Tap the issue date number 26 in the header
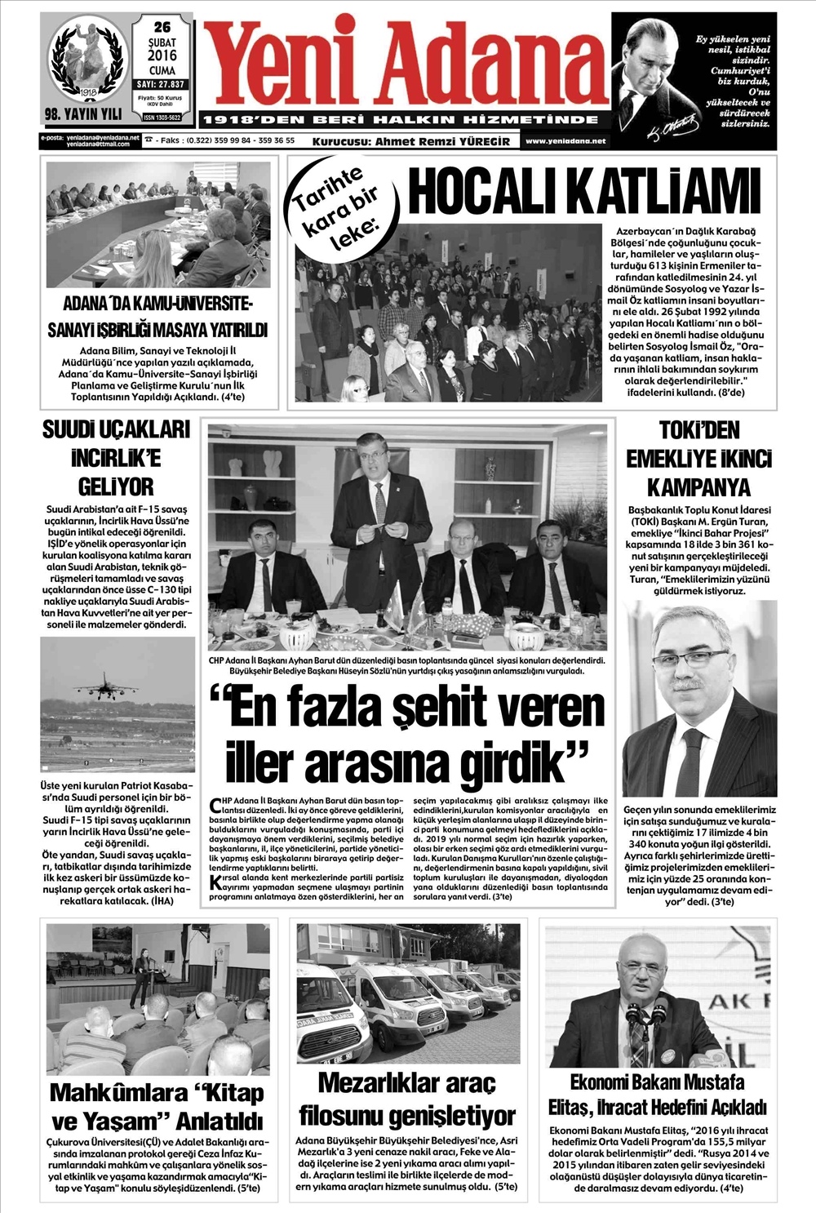[162, 27]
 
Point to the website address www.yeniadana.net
[565, 141]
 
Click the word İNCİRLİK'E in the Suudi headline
[116, 458]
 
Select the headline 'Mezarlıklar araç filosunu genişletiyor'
[406, 1099]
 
